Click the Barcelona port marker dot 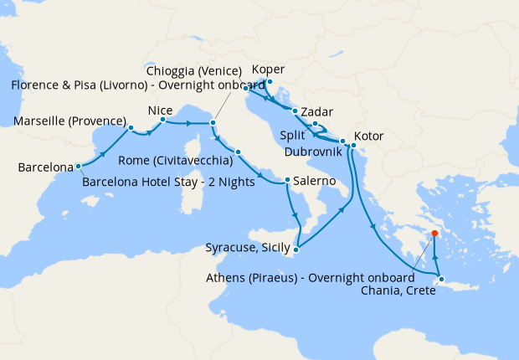tap(77, 165)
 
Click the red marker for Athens tap(435, 234)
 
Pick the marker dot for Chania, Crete tap(441, 280)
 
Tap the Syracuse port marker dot tap(296, 247)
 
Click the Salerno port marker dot tap(287, 179)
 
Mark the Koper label tap(268, 69)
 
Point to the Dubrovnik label tap(311, 151)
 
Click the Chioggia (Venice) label tap(193, 70)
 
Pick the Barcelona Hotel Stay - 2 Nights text tap(168, 182)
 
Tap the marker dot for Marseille tap(131, 129)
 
